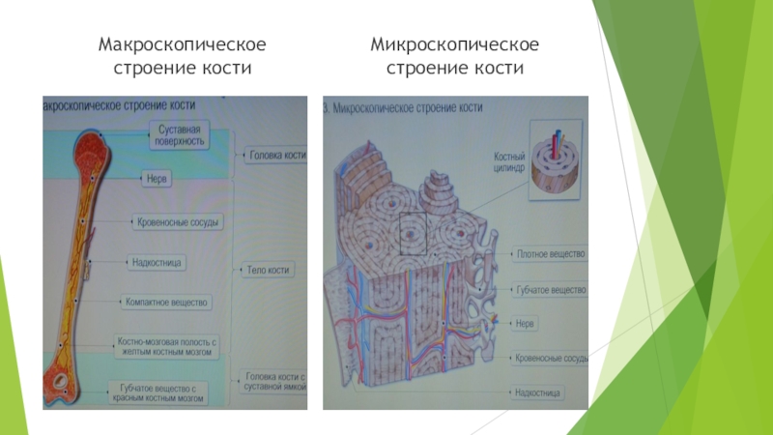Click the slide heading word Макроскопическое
[183, 45]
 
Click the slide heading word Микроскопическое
[455, 45]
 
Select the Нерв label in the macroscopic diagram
[157, 179]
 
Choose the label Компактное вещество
[166, 303]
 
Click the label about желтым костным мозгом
[169, 346]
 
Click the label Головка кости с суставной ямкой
[276, 381]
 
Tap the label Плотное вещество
[551, 254]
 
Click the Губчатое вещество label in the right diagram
[551, 289]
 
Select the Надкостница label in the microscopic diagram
[538, 392]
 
